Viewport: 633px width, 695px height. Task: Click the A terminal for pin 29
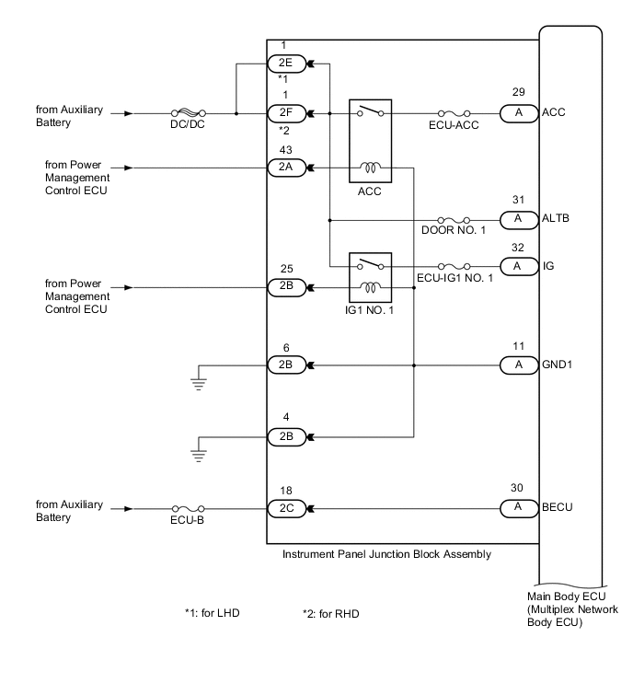(518, 114)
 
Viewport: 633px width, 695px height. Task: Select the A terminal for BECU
(518, 508)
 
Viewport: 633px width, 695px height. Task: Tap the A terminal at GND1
(518, 365)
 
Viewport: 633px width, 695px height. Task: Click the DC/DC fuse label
(188, 125)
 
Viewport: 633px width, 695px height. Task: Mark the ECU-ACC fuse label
(448, 125)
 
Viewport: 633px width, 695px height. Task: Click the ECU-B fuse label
(188, 519)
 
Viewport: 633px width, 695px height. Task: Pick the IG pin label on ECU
(549, 264)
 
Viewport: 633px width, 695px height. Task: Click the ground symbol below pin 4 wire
(197, 455)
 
